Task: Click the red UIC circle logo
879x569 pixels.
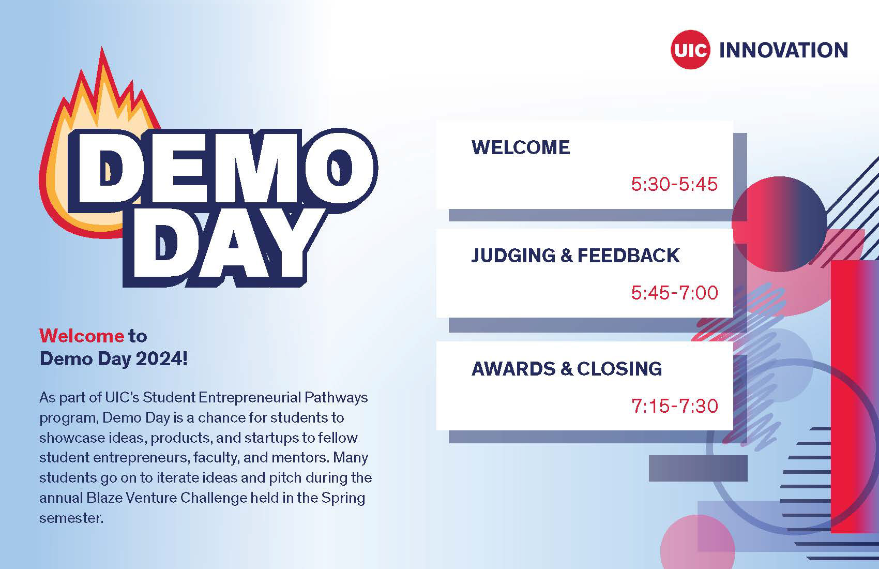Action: tap(690, 50)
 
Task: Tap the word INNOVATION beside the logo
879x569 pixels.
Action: tap(783, 50)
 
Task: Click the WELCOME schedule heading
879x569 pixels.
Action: tap(520, 147)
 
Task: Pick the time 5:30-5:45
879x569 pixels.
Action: tap(674, 184)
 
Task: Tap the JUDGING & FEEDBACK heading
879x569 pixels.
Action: tap(575, 256)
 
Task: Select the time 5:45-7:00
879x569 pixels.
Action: tap(674, 293)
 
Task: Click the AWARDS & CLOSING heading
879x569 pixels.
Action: tap(567, 369)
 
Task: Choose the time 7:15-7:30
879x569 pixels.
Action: tap(674, 406)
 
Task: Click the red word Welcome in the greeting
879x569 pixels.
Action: tap(82, 336)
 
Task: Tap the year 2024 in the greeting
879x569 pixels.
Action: tap(158, 358)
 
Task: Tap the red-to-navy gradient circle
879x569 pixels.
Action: tap(780, 223)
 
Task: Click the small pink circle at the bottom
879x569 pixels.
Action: tap(697, 546)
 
